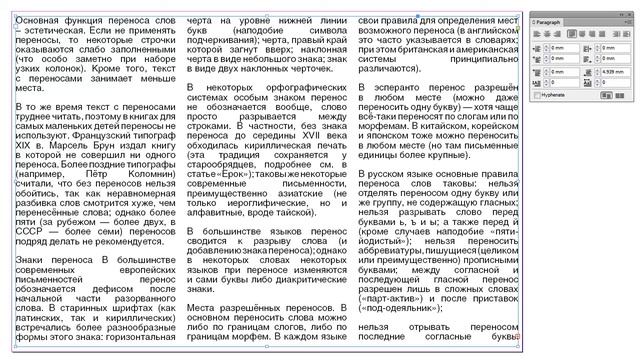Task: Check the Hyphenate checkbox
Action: (533, 122)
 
